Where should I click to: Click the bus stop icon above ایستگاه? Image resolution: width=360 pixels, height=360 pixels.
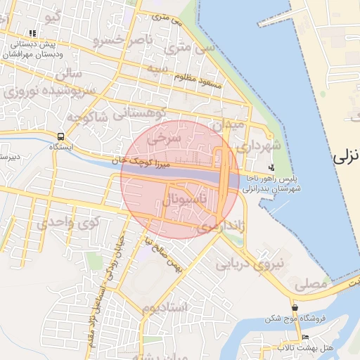point(61,136)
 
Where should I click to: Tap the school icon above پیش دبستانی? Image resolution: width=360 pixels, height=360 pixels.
point(33,33)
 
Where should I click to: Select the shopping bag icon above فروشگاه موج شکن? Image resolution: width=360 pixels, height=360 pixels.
point(295,308)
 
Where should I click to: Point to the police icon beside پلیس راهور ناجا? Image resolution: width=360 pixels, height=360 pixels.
point(272,167)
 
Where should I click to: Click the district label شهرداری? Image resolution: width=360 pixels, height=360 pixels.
point(262,145)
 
